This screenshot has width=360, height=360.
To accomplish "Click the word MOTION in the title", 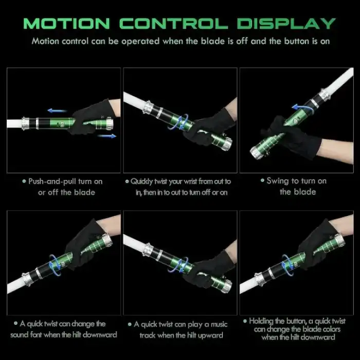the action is (66, 24).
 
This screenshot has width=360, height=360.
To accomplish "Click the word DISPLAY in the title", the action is (286, 24).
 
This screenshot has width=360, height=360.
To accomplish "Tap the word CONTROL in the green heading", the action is (174, 24).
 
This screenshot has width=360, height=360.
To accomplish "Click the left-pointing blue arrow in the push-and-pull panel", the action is (57, 111).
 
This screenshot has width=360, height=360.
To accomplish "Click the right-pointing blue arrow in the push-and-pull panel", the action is (107, 136).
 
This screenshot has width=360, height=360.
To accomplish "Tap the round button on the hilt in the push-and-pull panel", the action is (62, 124).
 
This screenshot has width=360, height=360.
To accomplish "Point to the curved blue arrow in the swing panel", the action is (303, 109).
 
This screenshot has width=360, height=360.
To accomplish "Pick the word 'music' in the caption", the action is (219, 325).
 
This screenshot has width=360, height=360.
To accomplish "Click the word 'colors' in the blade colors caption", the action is (332, 329).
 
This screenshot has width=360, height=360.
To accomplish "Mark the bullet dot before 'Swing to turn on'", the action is (262, 181).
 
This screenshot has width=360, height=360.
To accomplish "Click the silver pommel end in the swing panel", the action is (255, 153).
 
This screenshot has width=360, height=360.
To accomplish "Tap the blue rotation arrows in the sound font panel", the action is (55, 265).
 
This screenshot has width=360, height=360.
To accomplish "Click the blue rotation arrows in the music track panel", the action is (178, 265).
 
